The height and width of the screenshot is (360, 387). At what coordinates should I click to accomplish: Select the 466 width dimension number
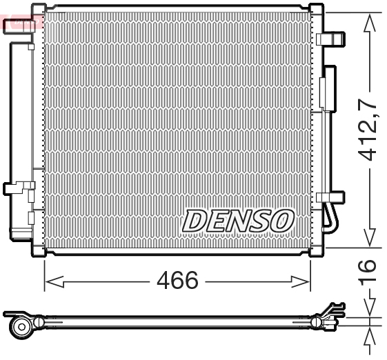click(x=177, y=281)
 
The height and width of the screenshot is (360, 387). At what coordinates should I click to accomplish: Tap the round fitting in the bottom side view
click(x=21, y=325)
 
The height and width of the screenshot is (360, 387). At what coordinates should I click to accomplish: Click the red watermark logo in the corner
click(x=21, y=23)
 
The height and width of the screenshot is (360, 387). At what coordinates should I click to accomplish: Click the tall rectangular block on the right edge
click(x=329, y=89)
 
